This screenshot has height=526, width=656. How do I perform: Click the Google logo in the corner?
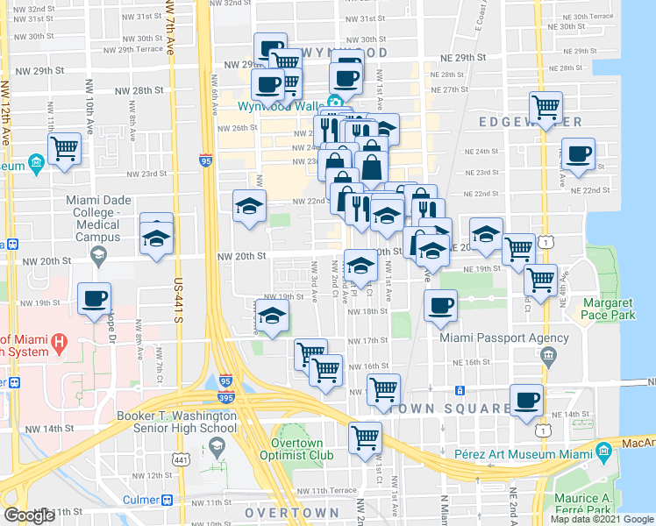(29, 515)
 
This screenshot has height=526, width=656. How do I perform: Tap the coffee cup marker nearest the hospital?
(94, 298)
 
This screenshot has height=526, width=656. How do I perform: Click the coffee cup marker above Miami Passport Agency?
(440, 305)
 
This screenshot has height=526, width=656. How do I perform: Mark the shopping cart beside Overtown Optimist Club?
(365, 437)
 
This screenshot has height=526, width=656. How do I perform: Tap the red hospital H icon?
(60, 342)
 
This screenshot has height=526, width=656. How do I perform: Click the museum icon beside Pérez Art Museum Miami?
(603, 452)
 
